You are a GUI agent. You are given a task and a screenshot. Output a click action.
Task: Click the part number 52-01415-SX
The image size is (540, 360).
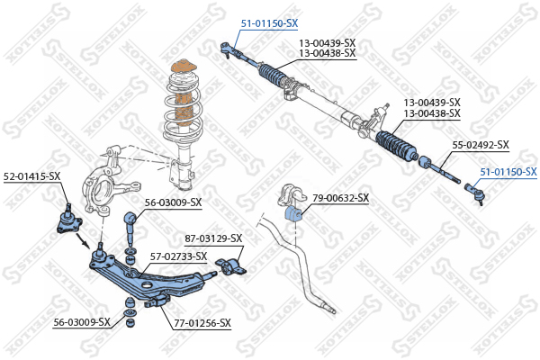[32, 176]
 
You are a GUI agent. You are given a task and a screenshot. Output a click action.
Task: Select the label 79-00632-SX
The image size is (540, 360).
[340, 198]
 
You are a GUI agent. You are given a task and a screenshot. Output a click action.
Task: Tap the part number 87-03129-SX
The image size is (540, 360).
[213, 238]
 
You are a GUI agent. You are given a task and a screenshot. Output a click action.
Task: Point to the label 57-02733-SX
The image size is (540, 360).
[179, 256]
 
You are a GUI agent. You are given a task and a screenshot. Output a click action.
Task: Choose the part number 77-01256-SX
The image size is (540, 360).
[202, 323]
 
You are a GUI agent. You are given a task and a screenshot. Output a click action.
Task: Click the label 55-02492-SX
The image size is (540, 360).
[481, 145]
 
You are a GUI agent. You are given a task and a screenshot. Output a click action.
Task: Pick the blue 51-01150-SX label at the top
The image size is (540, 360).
[269, 23]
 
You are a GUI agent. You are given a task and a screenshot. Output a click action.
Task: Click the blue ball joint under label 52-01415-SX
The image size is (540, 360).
[68, 220]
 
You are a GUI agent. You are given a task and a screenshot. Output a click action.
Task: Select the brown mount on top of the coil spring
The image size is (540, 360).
[184, 67]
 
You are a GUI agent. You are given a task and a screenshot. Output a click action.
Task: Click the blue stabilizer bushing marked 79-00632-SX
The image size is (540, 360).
[293, 214]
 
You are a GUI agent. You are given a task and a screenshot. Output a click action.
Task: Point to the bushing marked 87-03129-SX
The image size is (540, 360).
[230, 267]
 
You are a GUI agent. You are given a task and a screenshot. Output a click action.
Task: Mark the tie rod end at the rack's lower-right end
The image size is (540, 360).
[475, 193]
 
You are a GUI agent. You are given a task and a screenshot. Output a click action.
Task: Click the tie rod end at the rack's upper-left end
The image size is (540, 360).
[229, 49]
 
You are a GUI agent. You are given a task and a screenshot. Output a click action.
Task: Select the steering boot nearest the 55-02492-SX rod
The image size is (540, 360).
[396, 147]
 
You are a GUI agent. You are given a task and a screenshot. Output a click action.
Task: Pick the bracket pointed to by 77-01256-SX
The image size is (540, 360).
[157, 301]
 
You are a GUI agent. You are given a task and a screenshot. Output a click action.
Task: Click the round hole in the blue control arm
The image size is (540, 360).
[147, 285]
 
